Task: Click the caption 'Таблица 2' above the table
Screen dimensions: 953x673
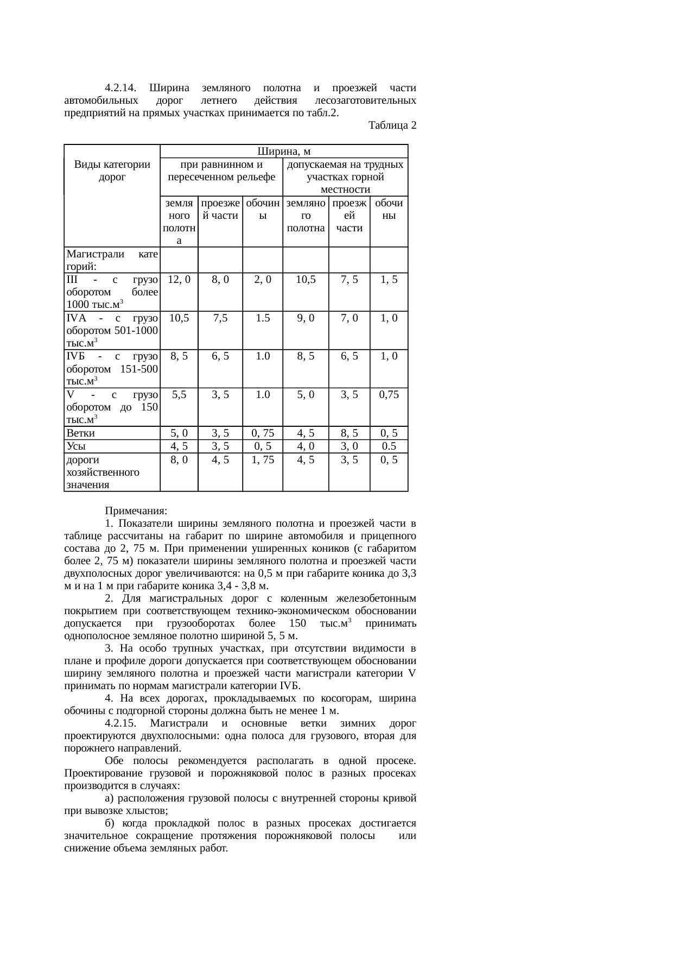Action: coord(392,125)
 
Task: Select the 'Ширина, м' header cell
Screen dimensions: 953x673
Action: coord(284,151)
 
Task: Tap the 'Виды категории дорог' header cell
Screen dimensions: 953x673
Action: coord(112,170)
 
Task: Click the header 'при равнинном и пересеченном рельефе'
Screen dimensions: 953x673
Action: coord(221,170)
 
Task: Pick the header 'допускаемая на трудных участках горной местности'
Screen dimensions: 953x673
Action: coord(345,176)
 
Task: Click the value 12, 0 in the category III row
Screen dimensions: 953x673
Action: coord(179,280)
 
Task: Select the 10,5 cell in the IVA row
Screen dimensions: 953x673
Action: coord(179,318)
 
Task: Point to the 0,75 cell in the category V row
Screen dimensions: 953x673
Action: coord(389,395)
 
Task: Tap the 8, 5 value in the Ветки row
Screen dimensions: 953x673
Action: coord(349,433)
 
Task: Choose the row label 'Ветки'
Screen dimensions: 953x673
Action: coord(80,433)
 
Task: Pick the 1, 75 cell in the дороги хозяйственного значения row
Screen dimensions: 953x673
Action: coord(262,459)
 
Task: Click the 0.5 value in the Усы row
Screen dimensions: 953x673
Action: coord(389,446)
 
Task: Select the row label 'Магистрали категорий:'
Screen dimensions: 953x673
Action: coord(112,260)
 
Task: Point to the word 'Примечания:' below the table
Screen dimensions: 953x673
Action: coord(136,512)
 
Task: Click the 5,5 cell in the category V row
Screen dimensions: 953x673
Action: coord(179,395)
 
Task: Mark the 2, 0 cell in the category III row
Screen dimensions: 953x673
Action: coord(262,280)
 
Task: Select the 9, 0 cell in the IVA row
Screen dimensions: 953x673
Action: coord(306,318)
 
